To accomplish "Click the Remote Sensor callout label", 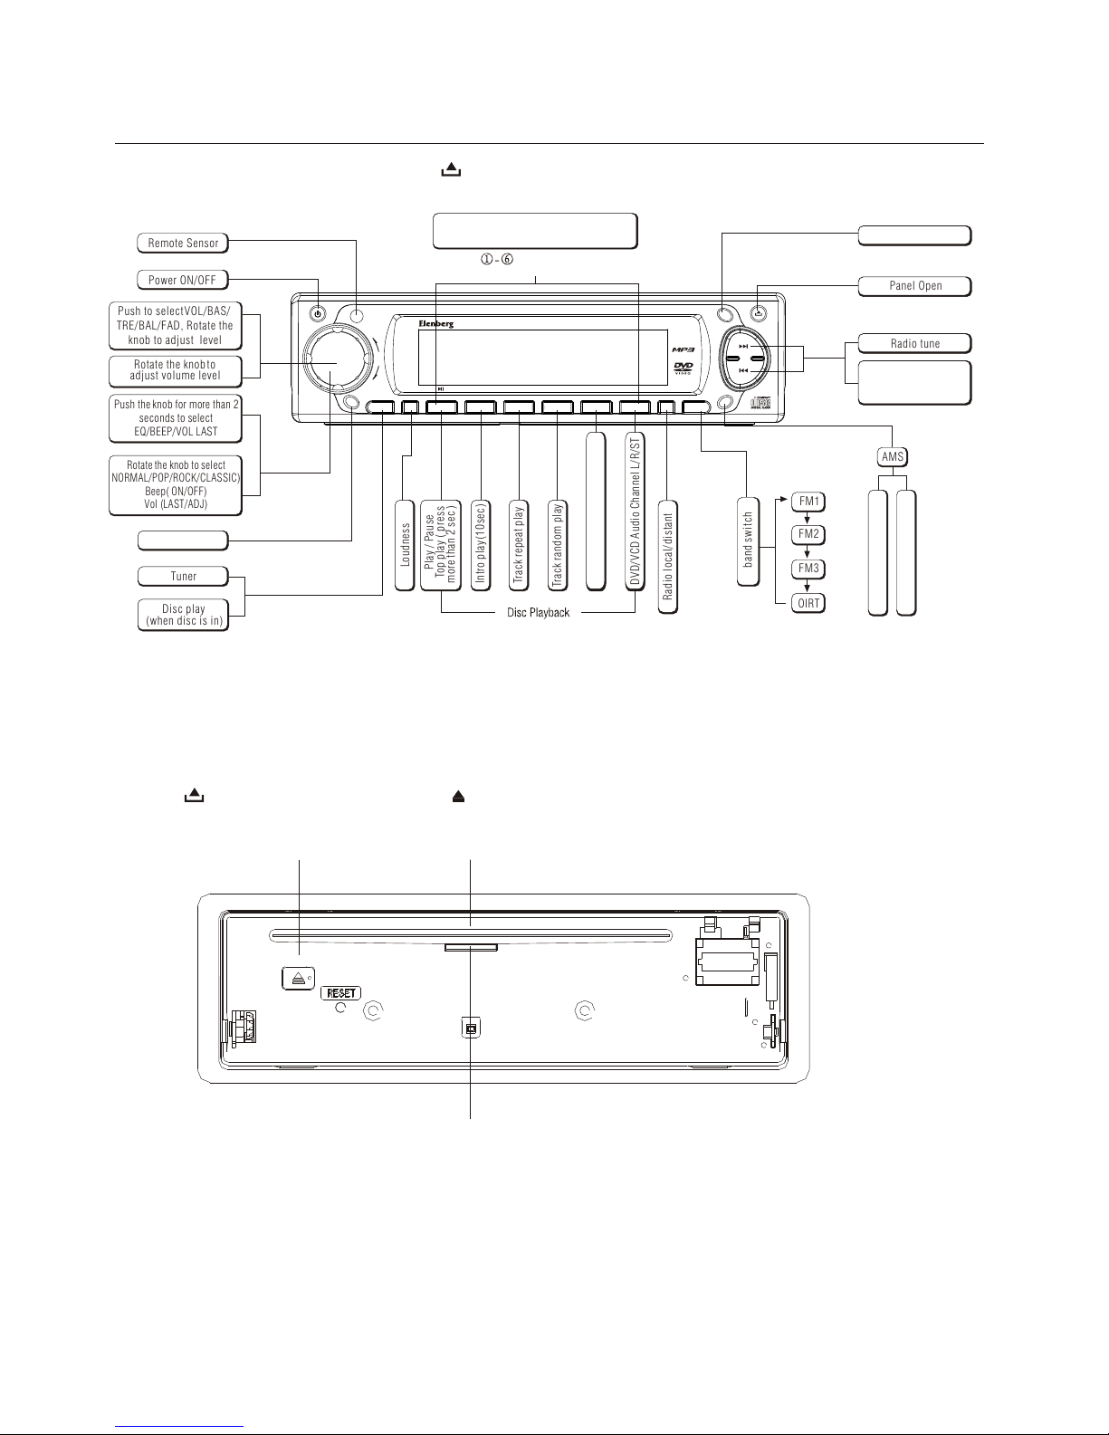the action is [x=183, y=243].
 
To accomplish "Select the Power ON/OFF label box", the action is [x=182, y=280].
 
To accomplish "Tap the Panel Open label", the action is [x=915, y=286].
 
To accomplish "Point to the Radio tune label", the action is [x=915, y=343].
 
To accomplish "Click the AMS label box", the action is [x=893, y=457].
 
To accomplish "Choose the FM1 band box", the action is [x=808, y=502].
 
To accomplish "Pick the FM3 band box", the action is [x=808, y=569].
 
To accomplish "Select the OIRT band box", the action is [x=808, y=603].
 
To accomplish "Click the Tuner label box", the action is [x=183, y=577].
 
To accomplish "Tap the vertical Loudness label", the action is [x=405, y=545].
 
